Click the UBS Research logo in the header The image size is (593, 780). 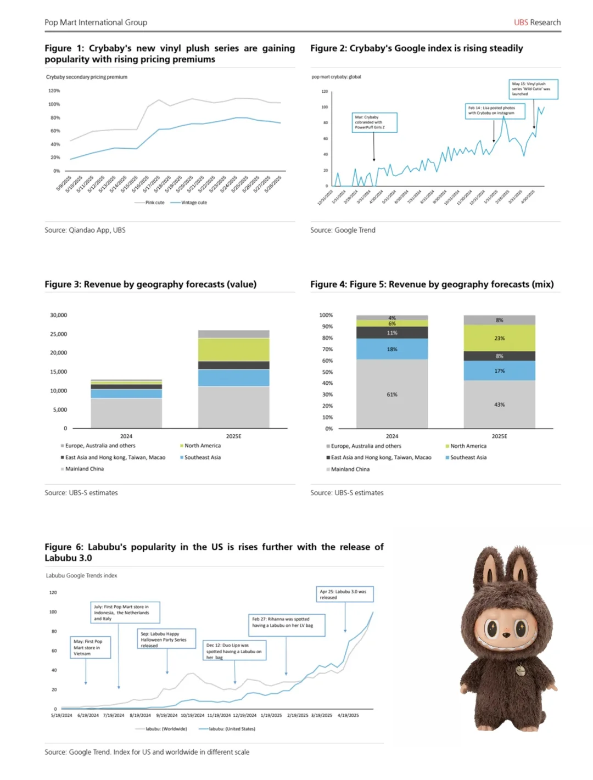point(537,23)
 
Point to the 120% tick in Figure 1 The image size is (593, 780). point(54,91)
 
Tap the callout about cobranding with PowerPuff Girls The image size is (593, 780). point(374,122)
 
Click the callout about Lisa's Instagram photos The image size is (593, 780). point(495,111)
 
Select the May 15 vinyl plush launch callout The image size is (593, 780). point(533,89)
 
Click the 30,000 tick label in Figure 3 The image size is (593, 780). point(59,315)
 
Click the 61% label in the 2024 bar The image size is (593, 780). point(392,395)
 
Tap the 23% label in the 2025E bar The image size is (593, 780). point(499,338)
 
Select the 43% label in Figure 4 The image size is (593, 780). point(499,405)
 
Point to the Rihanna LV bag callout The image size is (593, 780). point(287,625)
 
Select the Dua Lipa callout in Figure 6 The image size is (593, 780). point(234,651)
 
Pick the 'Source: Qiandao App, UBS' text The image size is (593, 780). point(85,230)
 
